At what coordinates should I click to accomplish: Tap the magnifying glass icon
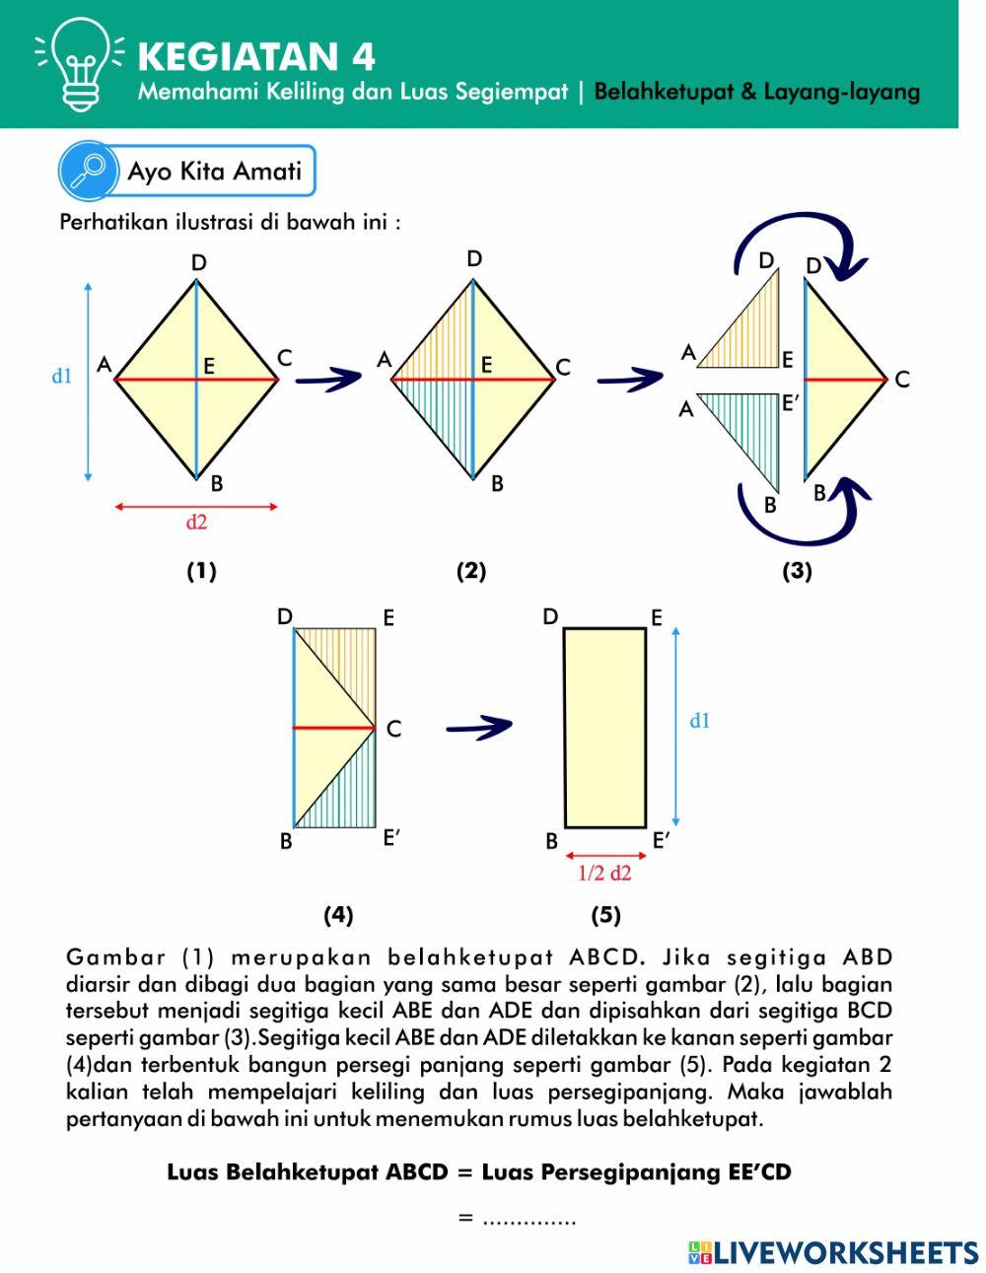coord(89,171)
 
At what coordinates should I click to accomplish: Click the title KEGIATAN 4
coord(256,56)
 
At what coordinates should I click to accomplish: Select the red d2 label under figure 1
coord(196,523)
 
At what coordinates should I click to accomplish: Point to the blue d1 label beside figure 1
coord(62,376)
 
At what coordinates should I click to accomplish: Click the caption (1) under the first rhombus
coord(201,570)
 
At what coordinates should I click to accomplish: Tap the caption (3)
coord(797,571)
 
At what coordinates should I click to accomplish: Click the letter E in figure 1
coord(209,366)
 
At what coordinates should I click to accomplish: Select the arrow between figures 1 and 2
coord(328,378)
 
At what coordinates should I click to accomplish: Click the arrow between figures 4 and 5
coord(479,728)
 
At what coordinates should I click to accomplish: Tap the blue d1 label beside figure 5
coord(700,721)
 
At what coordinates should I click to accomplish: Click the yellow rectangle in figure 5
coord(604,728)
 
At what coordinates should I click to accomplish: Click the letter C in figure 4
coord(393,730)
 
